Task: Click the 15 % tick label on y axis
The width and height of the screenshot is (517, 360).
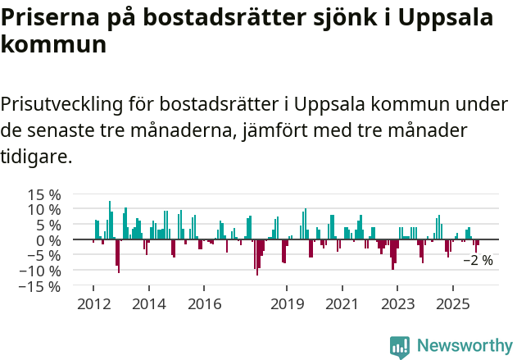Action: coord(43,194)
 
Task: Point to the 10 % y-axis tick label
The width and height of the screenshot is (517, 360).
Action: coord(43,210)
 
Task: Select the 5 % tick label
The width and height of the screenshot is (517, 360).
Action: coord(48,226)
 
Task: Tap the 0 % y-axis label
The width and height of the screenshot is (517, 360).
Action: coord(48,240)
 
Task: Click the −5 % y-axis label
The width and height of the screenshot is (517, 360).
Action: coord(43,256)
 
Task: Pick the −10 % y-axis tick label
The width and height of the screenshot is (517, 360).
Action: coord(39,271)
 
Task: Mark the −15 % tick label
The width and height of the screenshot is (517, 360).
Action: coord(39,287)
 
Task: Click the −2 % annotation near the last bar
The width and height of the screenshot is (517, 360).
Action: coord(478,261)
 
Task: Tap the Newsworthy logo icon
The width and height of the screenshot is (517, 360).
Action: coord(400,346)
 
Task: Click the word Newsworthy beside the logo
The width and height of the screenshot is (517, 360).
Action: coord(464,346)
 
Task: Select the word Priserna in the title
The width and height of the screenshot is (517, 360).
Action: coord(48,16)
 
